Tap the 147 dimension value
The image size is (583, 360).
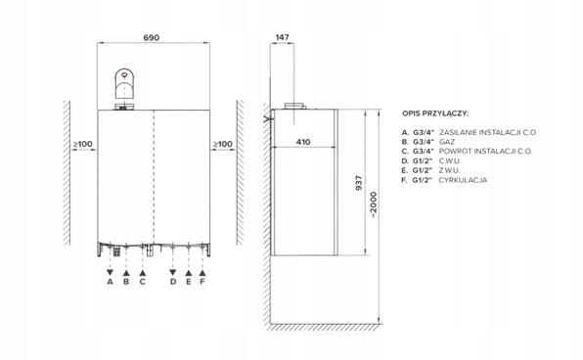click(x=284, y=36)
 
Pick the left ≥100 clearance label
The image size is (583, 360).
click(x=82, y=145)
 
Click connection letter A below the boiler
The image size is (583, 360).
click(x=111, y=282)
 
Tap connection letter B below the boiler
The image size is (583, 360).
click(x=126, y=282)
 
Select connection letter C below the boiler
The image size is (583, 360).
click(x=143, y=282)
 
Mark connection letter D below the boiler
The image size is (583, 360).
click(x=172, y=282)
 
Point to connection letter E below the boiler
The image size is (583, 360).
click(x=187, y=282)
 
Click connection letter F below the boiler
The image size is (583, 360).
click(x=202, y=282)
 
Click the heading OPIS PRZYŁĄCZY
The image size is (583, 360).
click(x=435, y=113)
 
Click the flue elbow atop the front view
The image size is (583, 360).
click(x=126, y=84)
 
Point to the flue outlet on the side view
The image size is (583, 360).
click(x=293, y=105)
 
